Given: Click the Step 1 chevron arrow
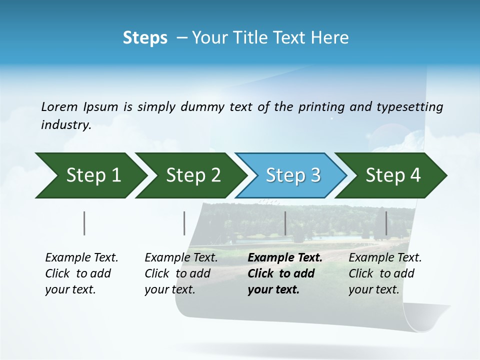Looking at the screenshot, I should (90, 175).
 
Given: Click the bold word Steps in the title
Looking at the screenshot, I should (145, 38).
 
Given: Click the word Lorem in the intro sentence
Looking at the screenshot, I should (59, 107).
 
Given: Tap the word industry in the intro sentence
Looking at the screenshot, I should (65, 125).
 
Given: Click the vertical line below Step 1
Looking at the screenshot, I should (84, 223).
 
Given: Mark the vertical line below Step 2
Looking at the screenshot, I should (184, 223).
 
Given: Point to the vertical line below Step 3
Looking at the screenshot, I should (285, 223).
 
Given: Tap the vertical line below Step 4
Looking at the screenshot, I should (386, 223).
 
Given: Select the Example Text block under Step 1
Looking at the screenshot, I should (81, 273).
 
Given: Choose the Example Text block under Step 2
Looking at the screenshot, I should (181, 273).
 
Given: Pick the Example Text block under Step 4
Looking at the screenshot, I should (385, 273).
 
